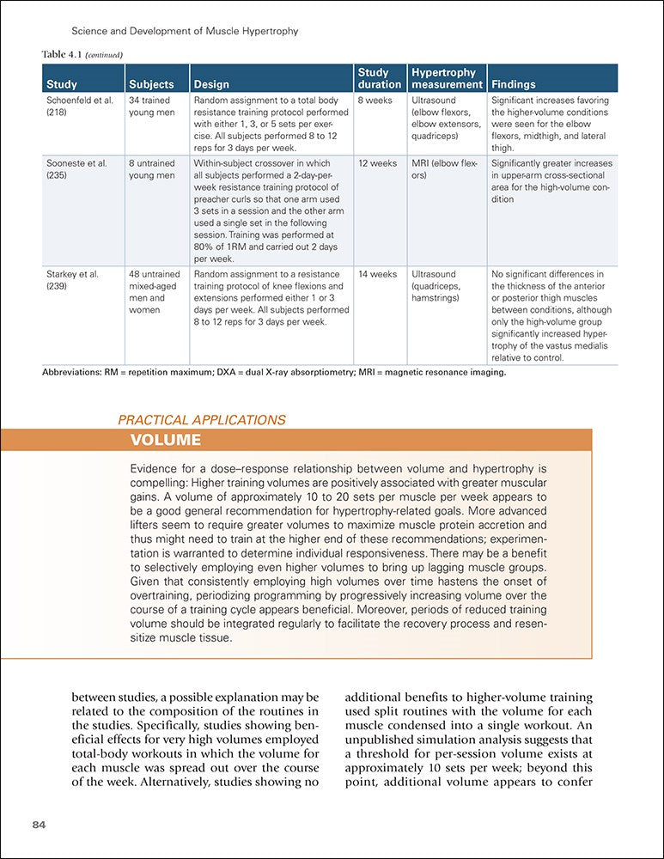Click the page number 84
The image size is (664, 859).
[x=39, y=825]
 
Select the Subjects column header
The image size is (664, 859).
[x=151, y=84]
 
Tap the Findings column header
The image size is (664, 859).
[x=513, y=84]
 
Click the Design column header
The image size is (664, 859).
[x=212, y=84]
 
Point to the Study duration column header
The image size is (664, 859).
[x=379, y=78]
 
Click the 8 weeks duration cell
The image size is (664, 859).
[x=375, y=101]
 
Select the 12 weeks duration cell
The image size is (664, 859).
[x=377, y=163]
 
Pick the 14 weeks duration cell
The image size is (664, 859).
[x=377, y=275]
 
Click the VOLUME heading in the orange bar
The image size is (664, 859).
[x=165, y=441]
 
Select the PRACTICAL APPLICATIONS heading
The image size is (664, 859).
[x=202, y=420]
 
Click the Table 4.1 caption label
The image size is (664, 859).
[x=82, y=55]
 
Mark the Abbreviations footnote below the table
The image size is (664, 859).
[x=274, y=373]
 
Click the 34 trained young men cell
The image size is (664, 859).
[x=151, y=107]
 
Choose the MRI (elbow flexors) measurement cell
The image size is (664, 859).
[x=444, y=169]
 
